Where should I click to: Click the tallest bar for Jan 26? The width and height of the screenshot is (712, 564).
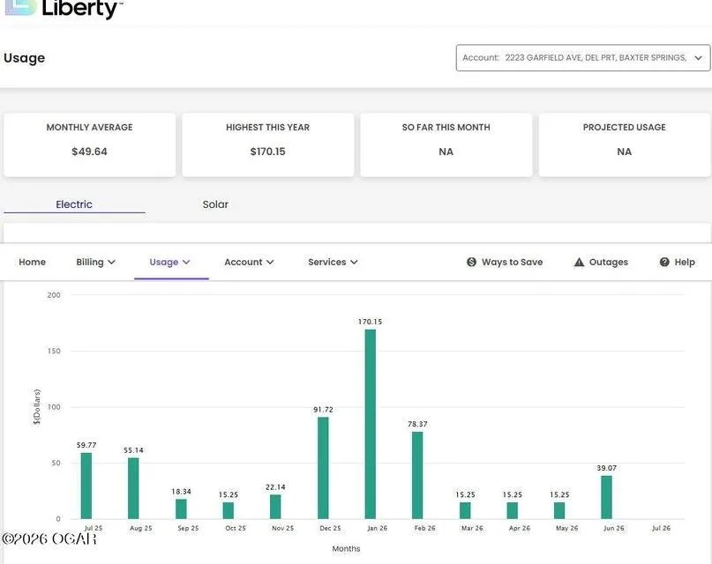click(x=370, y=424)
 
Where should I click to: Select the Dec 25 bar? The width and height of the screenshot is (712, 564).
click(x=323, y=468)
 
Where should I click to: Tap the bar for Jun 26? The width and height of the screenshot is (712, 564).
click(x=606, y=497)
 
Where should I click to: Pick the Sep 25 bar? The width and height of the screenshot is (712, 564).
click(x=181, y=508)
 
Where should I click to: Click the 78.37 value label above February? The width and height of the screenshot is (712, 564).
click(x=417, y=424)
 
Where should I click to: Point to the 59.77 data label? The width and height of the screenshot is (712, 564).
click(x=86, y=445)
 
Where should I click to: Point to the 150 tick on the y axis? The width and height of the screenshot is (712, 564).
click(x=54, y=351)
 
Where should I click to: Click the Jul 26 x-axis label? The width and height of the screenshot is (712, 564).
click(x=661, y=528)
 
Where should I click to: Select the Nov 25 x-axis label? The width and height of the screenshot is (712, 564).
click(x=283, y=528)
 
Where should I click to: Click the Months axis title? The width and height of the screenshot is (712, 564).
click(x=346, y=549)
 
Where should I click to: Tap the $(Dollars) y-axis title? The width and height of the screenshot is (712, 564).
click(x=37, y=406)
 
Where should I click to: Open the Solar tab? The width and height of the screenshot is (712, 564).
click(x=215, y=204)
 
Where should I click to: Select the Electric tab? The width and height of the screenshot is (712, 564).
click(x=74, y=204)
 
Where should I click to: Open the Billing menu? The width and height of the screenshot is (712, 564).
click(x=95, y=262)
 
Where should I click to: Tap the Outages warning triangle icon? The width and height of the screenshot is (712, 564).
click(x=579, y=262)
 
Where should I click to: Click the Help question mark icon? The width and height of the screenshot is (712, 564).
click(x=664, y=262)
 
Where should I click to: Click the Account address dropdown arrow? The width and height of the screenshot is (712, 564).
click(x=699, y=58)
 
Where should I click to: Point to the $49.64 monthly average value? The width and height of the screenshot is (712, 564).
click(x=89, y=152)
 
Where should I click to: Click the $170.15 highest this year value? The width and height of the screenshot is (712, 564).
click(x=268, y=152)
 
